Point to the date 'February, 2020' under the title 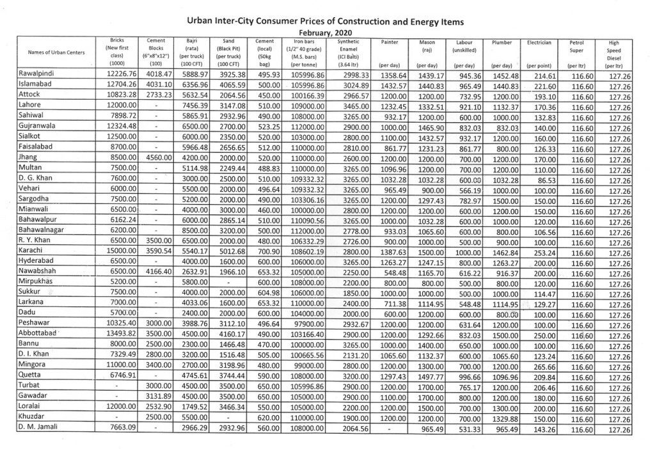326,33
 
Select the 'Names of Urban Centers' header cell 56,52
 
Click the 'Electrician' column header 539,42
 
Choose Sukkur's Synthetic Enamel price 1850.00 354,292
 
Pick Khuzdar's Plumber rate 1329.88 503,416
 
